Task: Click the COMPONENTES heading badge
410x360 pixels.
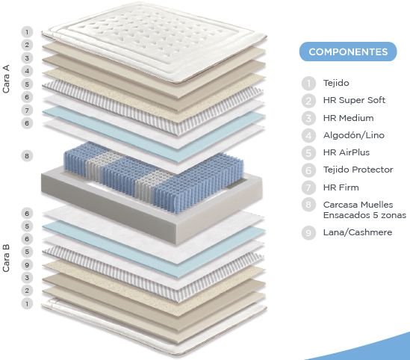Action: click(x=348, y=52)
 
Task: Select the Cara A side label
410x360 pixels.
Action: click(x=6, y=78)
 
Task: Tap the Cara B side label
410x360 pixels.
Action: click(x=6, y=258)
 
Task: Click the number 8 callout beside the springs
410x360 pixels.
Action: click(x=27, y=156)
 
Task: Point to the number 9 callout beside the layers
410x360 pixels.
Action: click(x=27, y=265)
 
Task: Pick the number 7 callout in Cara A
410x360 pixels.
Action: click(x=27, y=111)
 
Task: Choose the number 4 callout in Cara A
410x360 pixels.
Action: click(x=27, y=71)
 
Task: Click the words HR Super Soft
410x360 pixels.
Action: click(x=354, y=100)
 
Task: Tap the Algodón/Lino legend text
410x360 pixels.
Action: click(x=354, y=135)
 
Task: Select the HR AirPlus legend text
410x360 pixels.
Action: click(x=347, y=152)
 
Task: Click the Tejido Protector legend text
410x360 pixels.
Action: click(x=358, y=170)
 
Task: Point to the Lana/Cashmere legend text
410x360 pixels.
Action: click(x=358, y=232)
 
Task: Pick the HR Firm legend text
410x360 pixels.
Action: click(x=341, y=187)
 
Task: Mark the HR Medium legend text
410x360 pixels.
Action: click(x=348, y=118)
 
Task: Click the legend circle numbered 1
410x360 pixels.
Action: click(x=308, y=84)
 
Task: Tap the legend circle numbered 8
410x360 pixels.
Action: click(x=308, y=205)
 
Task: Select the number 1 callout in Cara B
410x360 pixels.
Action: click(x=27, y=304)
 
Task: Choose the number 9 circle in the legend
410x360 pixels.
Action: click(x=308, y=233)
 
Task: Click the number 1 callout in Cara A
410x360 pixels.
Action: click(x=27, y=32)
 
